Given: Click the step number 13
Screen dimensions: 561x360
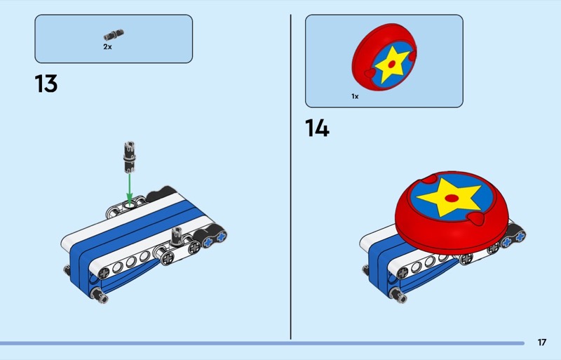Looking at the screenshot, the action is click(x=46, y=84).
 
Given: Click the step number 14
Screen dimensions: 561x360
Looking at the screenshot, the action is click(x=317, y=128).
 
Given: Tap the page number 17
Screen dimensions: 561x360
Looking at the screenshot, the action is click(x=542, y=342).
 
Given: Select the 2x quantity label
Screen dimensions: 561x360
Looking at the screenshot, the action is click(x=107, y=47).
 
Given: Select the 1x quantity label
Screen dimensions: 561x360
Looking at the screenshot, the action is click(x=355, y=96).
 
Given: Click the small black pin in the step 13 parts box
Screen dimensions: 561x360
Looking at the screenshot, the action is click(x=114, y=35).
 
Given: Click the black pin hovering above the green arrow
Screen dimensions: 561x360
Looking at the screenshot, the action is click(x=130, y=157).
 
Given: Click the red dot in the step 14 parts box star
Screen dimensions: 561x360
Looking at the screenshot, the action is click(x=392, y=65).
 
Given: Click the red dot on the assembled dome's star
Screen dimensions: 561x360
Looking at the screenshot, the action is click(x=452, y=198).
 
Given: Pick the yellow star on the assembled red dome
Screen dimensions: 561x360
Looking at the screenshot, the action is click(x=449, y=197).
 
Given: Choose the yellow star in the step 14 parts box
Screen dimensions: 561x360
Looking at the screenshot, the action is click(x=391, y=64).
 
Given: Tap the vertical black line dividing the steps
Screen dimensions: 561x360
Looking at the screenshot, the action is click(x=290, y=177).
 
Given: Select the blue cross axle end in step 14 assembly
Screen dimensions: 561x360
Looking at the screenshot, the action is click(x=513, y=239).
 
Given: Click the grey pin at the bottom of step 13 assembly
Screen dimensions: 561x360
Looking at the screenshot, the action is click(x=99, y=295).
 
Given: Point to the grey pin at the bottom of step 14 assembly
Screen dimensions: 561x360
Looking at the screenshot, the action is click(x=398, y=295).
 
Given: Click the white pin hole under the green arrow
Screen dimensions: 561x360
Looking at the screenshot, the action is click(x=130, y=205).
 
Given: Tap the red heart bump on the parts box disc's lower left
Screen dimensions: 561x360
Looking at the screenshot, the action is click(x=370, y=74).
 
